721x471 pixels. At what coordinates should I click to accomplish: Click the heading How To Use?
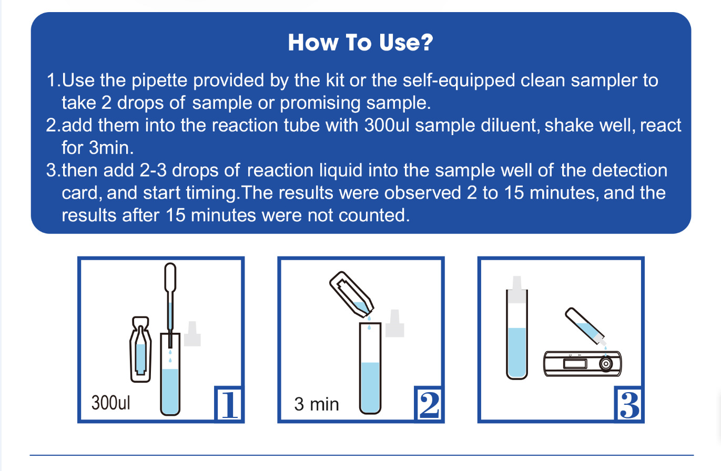pos(361,43)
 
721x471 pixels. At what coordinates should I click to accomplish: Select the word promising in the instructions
pos(320,103)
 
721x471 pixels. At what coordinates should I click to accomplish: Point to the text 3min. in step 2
pos(111,148)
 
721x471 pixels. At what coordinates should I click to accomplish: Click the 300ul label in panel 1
pos(111,403)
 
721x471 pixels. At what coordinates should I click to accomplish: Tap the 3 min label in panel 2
pos(317,404)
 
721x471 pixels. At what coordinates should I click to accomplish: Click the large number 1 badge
pos(229,404)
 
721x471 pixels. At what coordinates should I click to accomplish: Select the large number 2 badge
pos(429,404)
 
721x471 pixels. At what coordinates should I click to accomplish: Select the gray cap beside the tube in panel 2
pos(394,323)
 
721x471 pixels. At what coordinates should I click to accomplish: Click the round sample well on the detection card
pos(606,364)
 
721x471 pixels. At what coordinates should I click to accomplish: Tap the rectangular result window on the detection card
pos(575,364)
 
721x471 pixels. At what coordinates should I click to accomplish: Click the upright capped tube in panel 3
pos(516,327)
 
